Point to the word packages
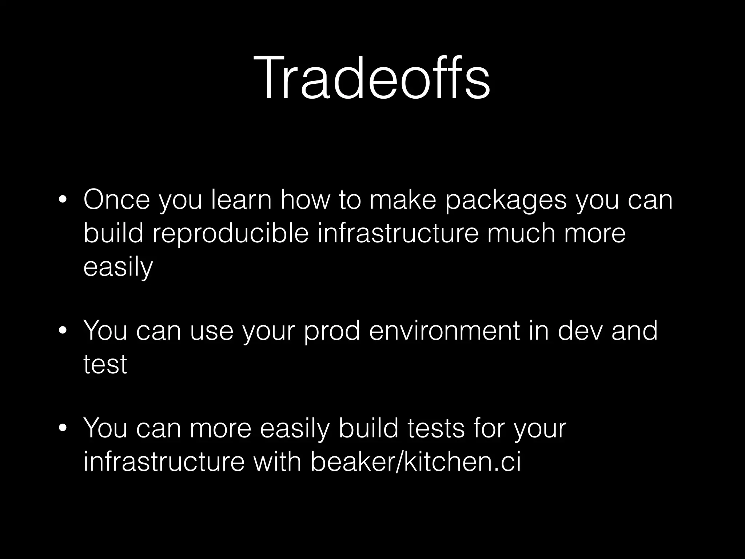[x=506, y=201]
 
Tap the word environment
[x=444, y=331]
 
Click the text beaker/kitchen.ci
[x=415, y=462]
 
